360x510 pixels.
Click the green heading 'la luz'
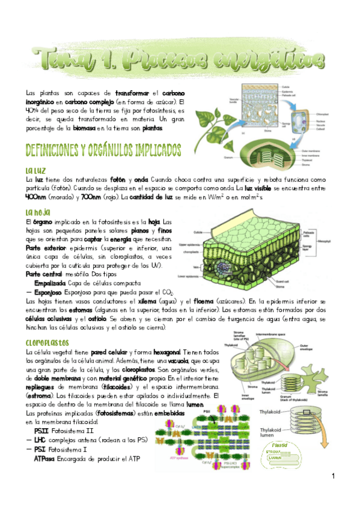[35, 171]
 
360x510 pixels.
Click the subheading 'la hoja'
[37, 212]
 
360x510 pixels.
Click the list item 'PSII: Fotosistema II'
[63, 430]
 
